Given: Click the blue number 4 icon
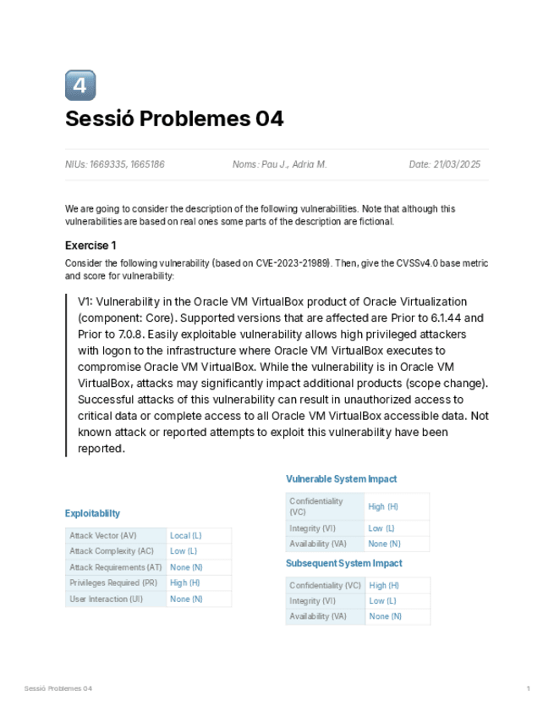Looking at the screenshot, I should (80, 86).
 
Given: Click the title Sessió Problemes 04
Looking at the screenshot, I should (174, 119).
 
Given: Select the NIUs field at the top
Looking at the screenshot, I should (115, 164).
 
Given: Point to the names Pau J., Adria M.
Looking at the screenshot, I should (279, 164).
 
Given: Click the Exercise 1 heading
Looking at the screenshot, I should (91, 246).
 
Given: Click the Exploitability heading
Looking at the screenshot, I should (92, 513).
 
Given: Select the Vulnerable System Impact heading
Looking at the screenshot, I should (341, 479).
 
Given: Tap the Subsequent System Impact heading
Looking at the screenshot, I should (343, 563).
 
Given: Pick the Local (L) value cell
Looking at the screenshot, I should (186, 536).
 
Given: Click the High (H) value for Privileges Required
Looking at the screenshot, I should (185, 583).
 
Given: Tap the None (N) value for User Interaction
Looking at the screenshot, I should (186, 599).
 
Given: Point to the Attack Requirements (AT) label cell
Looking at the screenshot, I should (116, 567).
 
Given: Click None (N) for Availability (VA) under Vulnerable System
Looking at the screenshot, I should (384, 544).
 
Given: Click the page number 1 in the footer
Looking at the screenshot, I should (528, 688).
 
